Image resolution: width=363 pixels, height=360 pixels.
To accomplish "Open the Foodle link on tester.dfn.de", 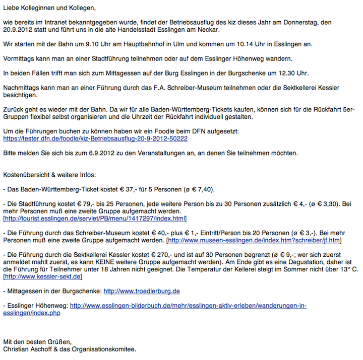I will (x=95, y=138).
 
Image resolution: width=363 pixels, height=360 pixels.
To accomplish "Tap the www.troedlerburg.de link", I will (x=142, y=291).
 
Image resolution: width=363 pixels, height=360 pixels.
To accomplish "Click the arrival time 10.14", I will (x=247, y=44).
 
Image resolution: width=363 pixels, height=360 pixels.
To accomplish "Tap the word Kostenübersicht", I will (x=27, y=175).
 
